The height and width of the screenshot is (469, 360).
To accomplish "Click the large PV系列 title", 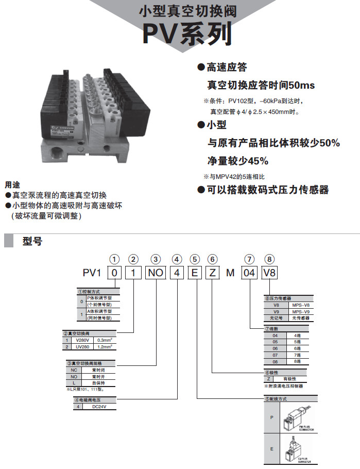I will tap(187, 35).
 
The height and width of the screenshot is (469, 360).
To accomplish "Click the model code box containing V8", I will tap(269, 273).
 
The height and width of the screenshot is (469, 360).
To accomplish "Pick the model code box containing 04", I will tap(249, 273).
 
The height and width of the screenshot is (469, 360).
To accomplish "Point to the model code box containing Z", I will tap(212, 273).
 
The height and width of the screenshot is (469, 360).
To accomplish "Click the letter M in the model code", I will tap(231, 273).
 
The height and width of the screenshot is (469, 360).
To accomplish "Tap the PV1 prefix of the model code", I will tap(93, 273).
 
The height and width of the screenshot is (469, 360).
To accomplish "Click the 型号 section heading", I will tap(32, 241).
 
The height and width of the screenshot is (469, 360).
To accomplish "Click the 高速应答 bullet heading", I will tap(227, 67).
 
